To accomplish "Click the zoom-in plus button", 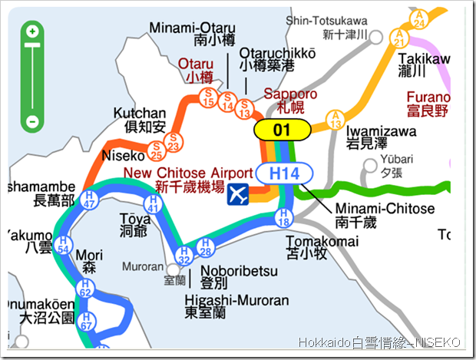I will (x=32, y=32).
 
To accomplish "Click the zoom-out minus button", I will (x=32, y=121).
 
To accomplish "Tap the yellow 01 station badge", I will (x=282, y=129).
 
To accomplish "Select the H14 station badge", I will (x=283, y=174).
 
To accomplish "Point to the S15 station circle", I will (x=208, y=95).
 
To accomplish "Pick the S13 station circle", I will (x=245, y=107).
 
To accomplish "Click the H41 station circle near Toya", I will (x=153, y=203).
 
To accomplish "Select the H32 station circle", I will (x=184, y=256).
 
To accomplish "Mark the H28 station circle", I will (x=205, y=246).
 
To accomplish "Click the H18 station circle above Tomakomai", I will (x=283, y=220).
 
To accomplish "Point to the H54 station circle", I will (x=64, y=247).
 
